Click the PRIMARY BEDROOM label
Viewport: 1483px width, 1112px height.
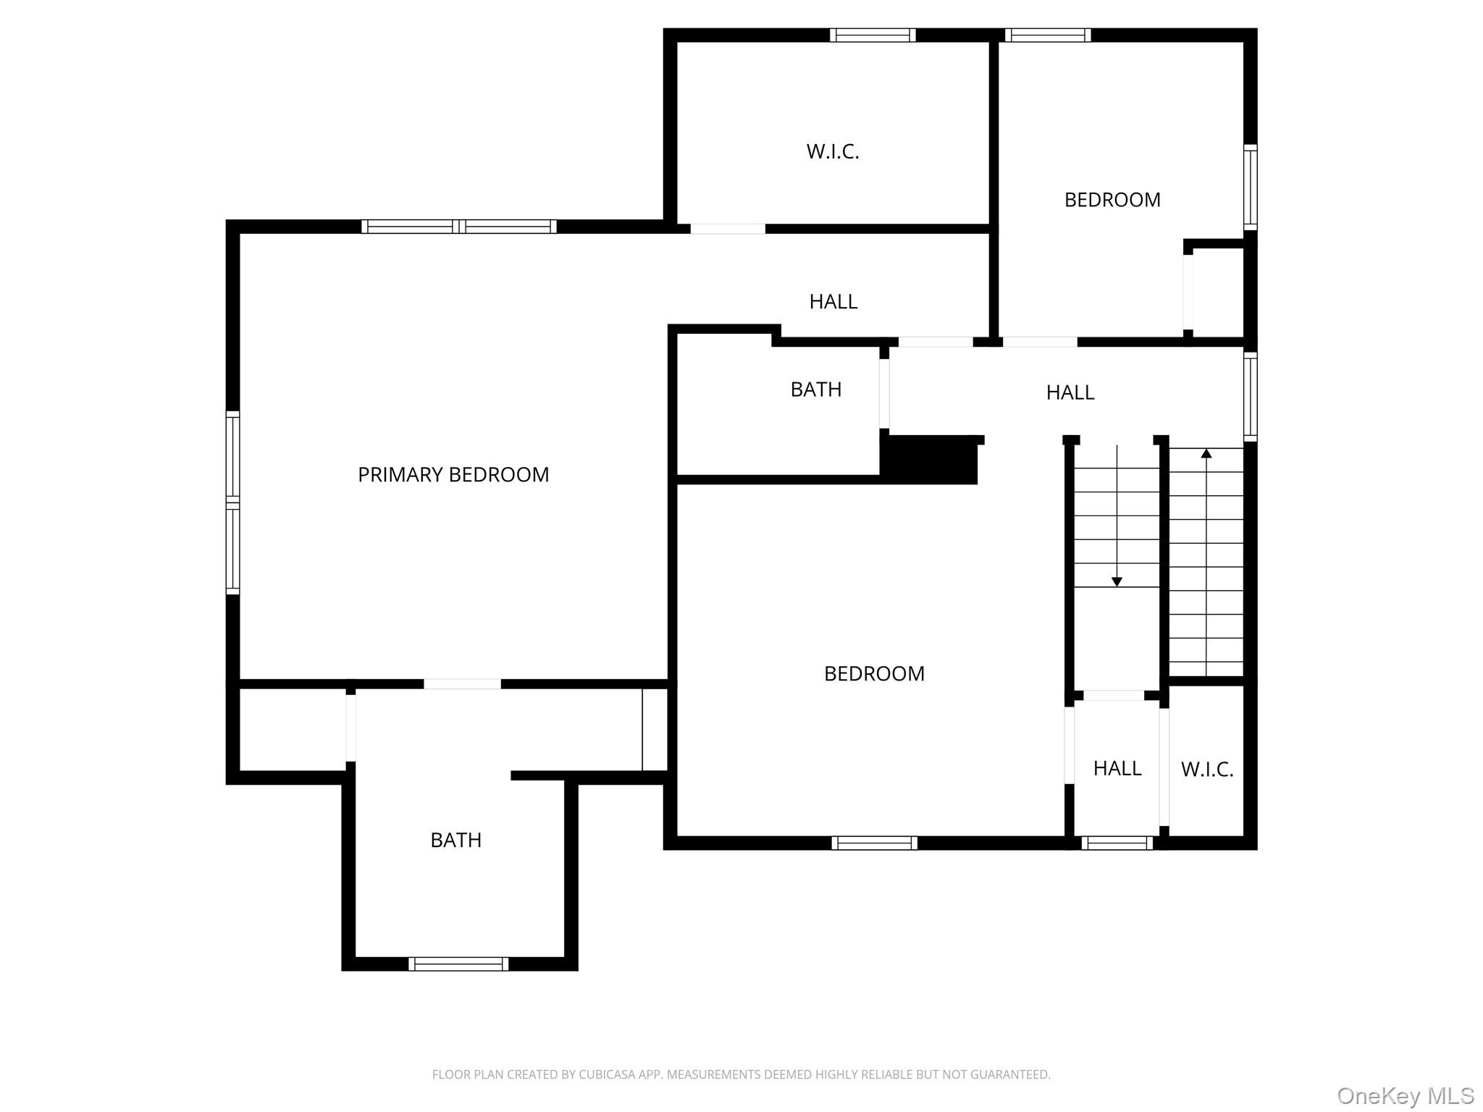pos(453,475)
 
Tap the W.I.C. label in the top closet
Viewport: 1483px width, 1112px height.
pos(833,152)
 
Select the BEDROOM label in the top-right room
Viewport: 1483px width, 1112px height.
pos(1112,200)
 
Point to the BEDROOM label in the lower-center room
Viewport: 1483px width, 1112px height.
pos(874,674)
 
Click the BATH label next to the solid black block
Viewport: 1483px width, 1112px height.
pos(816,389)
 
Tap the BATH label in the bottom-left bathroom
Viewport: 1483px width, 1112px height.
pos(456,840)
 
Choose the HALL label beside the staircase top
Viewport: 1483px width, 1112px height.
pos(1070,392)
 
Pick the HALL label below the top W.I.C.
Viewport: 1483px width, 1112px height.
pos(833,302)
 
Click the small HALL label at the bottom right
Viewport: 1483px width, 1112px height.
pos(1117,768)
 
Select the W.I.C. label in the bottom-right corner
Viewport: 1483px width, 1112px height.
pos(1207,770)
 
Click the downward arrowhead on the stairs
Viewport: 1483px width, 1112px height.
pos(1117,581)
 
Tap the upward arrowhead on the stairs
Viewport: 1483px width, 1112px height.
pos(1206,454)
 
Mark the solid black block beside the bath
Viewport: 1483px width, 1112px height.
pos(929,460)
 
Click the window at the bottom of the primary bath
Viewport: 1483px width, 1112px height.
pos(458,964)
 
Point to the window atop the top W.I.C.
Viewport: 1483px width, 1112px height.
pos(873,35)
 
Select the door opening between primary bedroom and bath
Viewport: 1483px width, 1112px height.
pos(462,684)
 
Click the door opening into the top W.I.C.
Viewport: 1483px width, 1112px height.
pos(728,229)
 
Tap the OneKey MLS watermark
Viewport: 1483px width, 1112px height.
pos(1406,1095)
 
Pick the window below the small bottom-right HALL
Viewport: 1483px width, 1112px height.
pos(1117,843)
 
